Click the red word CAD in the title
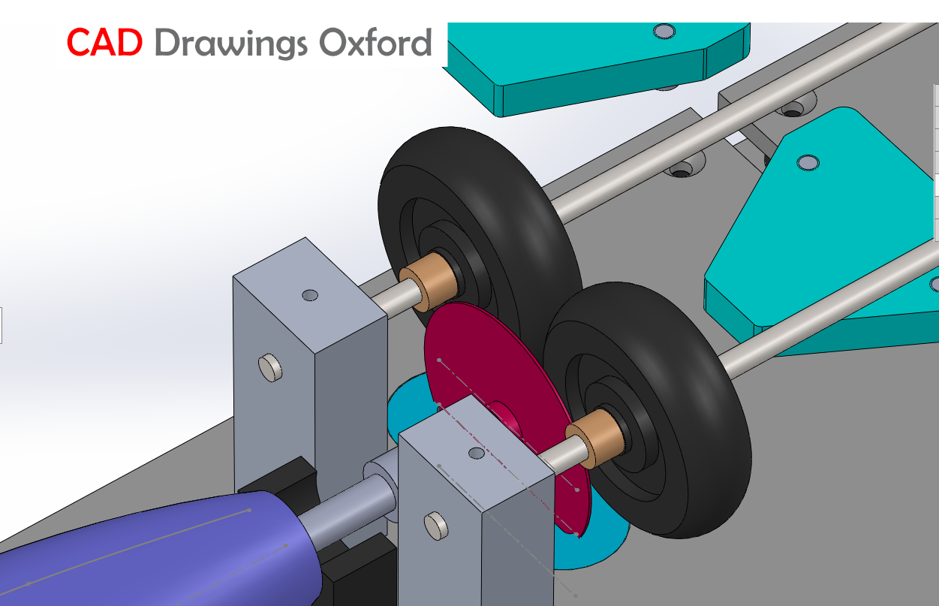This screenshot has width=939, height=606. click(104, 43)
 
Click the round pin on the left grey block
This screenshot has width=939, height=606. click(270, 367)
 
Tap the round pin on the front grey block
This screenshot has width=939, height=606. click(437, 526)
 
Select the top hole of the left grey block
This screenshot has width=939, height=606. click(309, 295)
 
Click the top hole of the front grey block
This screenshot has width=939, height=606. click(476, 454)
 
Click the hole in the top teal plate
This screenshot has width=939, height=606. click(664, 31)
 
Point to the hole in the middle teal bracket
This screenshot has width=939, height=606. click(808, 163)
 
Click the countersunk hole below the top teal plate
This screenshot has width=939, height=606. click(681, 170)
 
